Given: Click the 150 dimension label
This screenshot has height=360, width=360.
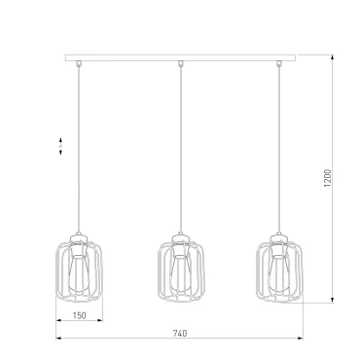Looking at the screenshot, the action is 80,315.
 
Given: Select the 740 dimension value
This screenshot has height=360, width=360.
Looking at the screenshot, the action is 180,334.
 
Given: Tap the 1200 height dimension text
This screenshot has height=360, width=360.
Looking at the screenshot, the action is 328,178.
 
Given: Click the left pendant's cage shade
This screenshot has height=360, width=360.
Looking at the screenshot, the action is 56,270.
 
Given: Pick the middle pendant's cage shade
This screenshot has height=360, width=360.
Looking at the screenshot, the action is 160,270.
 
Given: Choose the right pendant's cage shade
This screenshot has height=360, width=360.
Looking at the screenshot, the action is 258,270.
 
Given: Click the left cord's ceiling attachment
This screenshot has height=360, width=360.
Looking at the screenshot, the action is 78,63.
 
